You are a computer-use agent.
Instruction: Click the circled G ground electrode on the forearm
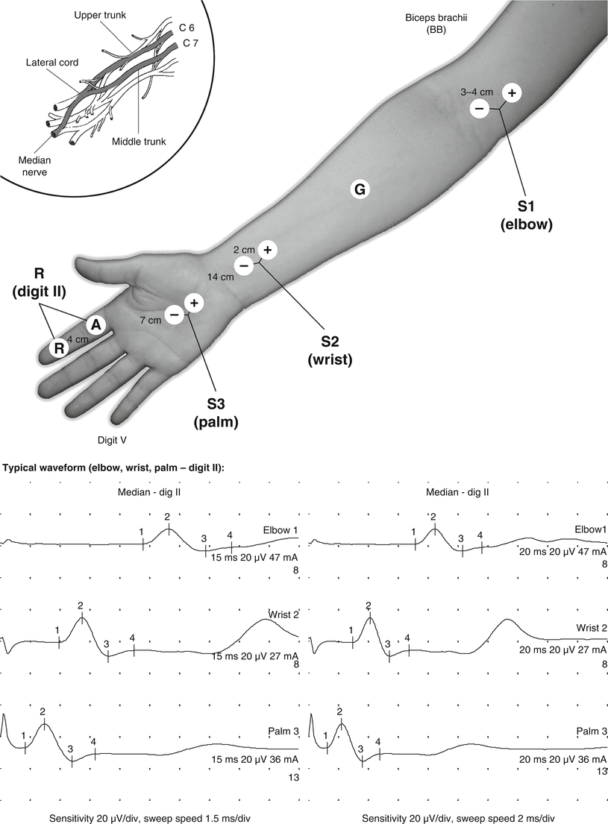(x=359, y=190)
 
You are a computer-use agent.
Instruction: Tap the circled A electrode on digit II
(x=95, y=324)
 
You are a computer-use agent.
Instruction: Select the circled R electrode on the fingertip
(x=58, y=347)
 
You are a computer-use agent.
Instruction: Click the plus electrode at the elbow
(x=512, y=92)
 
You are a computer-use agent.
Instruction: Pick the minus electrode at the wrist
(x=243, y=265)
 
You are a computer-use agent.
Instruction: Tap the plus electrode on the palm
(x=193, y=303)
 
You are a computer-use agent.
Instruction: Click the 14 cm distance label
(x=222, y=277)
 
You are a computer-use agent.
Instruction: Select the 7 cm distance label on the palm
(x=151, y=320)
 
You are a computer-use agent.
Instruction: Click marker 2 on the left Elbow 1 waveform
(x=167, y=517)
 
